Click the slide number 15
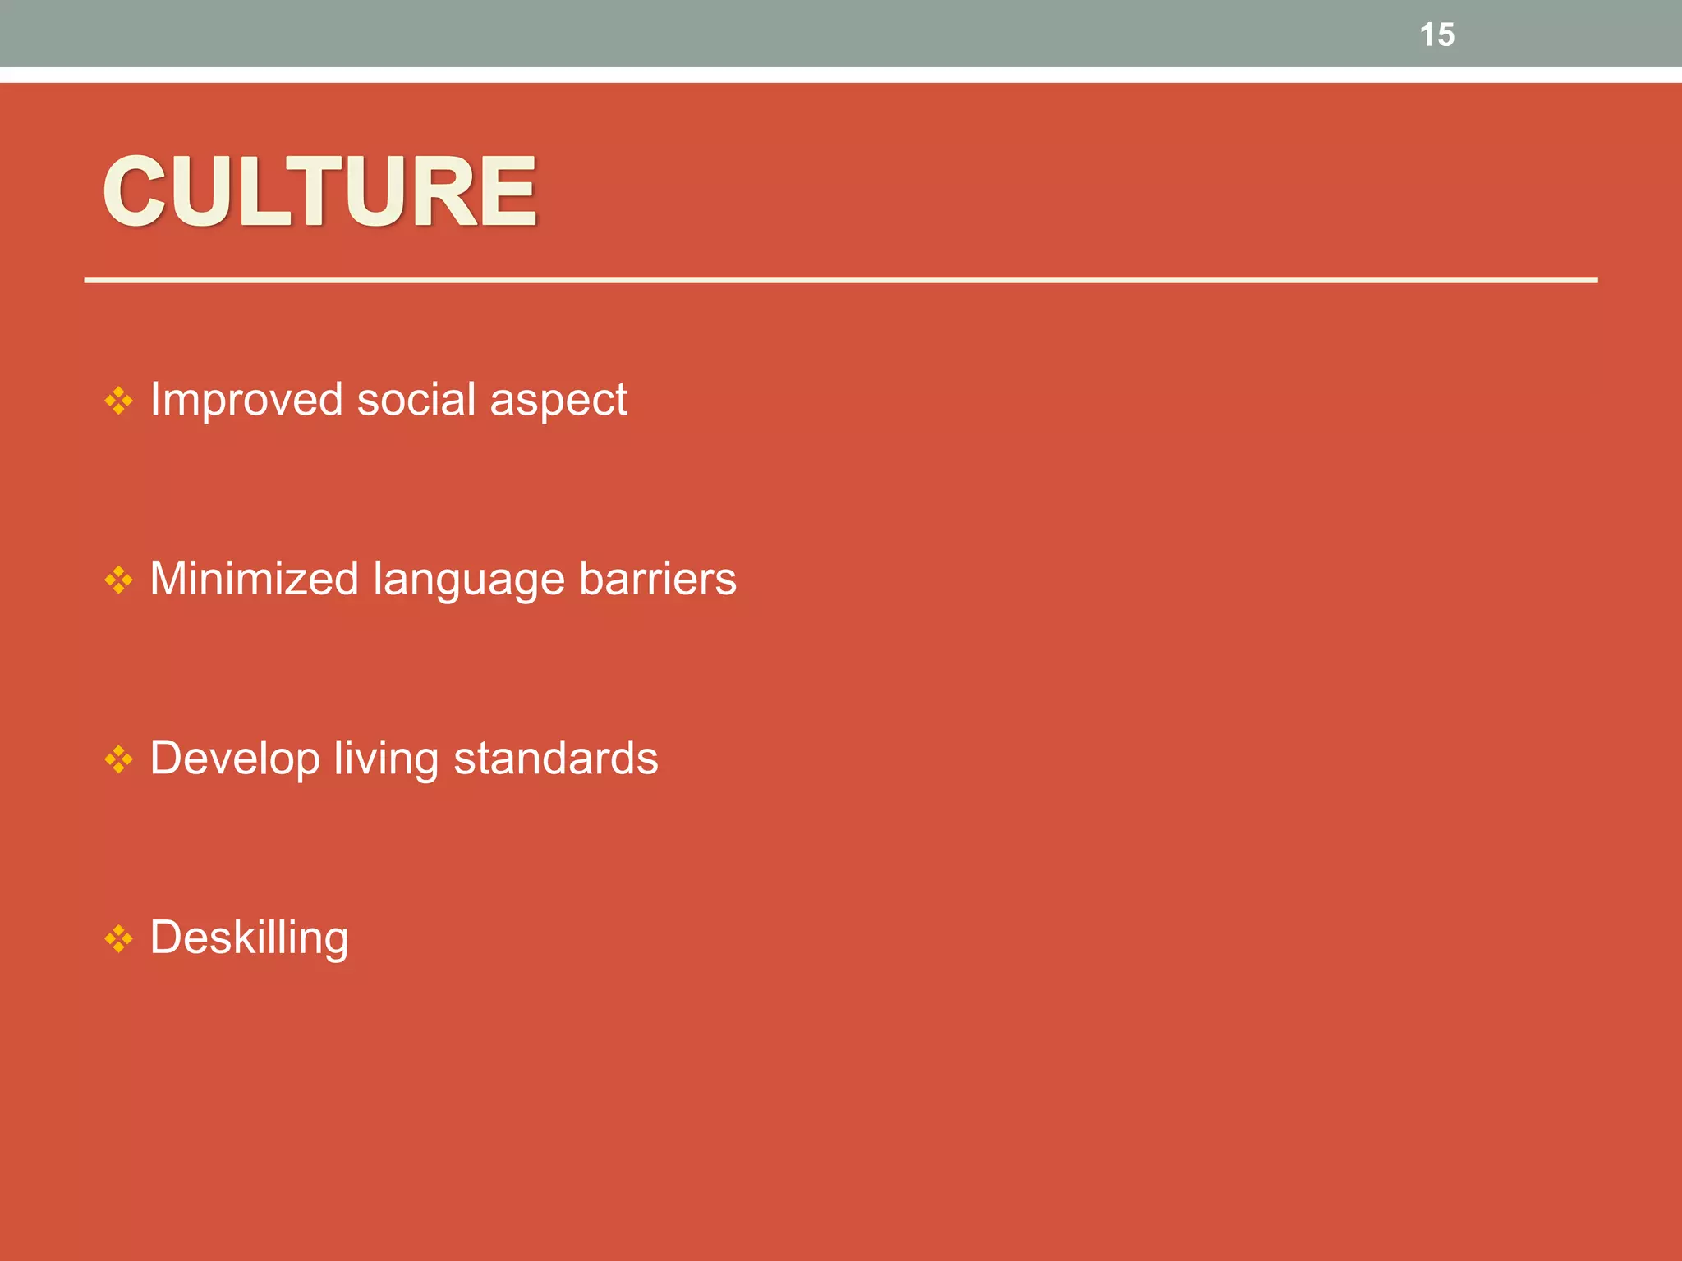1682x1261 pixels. (1436, 34)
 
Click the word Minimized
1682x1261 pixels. (255, 579)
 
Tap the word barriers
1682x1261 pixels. (658, 579)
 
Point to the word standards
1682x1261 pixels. (556, 758)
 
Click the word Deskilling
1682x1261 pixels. (250, 938)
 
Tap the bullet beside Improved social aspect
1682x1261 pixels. (119, 401)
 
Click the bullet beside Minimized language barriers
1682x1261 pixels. (119, 580)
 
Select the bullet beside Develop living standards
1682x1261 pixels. (119, 759)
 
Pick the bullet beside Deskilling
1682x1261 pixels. (119, 938)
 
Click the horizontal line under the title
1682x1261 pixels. (841, 281)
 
